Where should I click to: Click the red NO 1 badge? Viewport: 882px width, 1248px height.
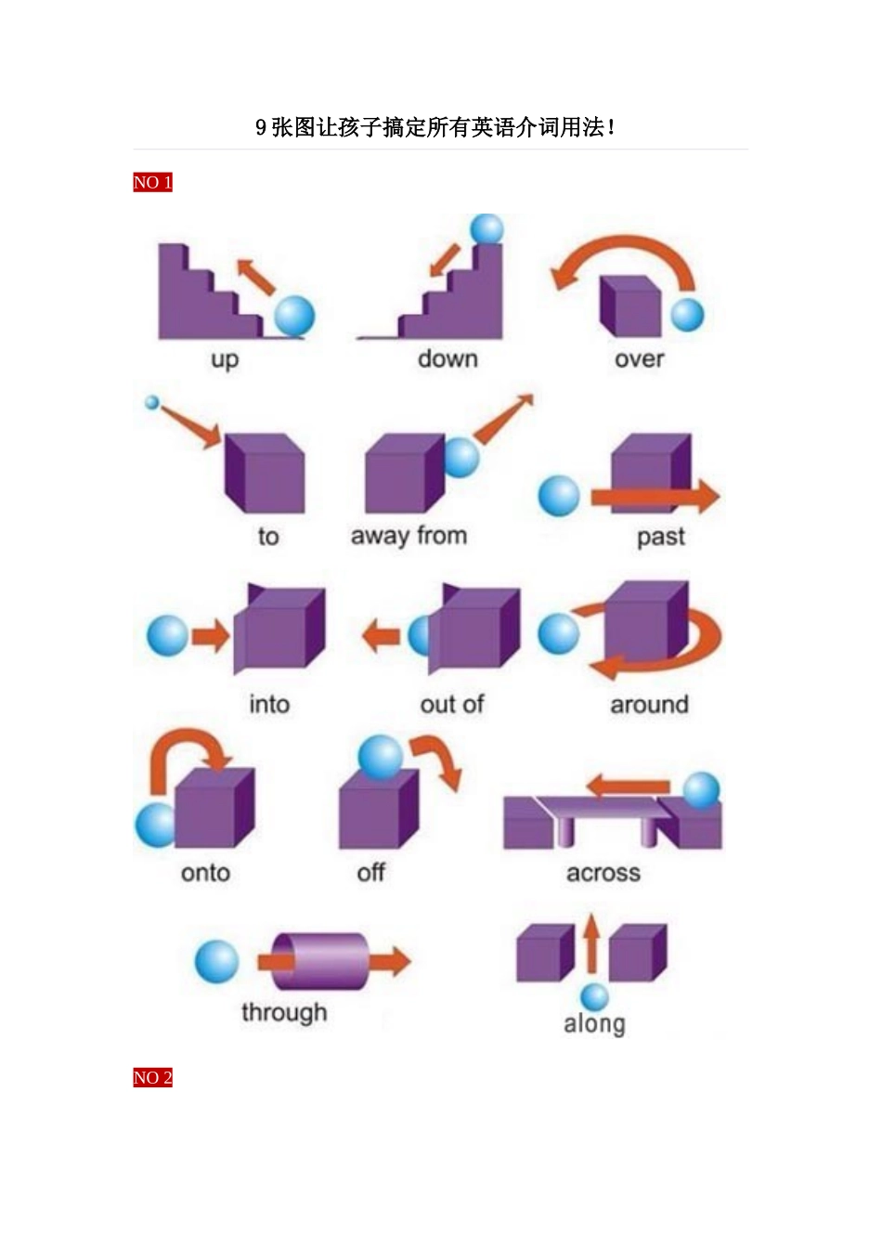coord(152,182)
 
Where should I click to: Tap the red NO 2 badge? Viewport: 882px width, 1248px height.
coord(152,1077)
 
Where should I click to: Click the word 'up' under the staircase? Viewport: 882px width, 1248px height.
coord(225,360)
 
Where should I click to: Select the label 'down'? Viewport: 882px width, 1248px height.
coord(448,358)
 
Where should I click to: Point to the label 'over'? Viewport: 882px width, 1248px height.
coord(639,359)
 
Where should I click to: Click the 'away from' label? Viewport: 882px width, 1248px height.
coord(409,536)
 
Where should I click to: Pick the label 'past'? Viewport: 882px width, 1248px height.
coord(661,538)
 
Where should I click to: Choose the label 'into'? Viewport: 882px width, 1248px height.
coord(269,704)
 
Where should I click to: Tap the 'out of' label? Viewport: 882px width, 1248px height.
coord(452,704)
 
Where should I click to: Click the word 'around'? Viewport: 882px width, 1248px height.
coord(649,705)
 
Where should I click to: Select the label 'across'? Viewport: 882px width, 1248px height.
coord(603,873)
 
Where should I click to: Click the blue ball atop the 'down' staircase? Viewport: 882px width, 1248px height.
coord(486,229)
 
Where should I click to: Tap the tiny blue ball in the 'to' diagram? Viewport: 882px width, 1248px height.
coord(151,402)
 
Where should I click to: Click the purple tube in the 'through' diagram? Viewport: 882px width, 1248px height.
coord(319,961)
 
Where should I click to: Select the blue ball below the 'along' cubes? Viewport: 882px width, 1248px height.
coord(594,996)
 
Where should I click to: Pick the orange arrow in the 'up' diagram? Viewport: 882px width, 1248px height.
coord(255,277)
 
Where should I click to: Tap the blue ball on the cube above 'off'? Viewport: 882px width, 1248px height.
coord(380,757)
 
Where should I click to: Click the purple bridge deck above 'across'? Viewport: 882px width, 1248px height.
coord(604,807)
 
